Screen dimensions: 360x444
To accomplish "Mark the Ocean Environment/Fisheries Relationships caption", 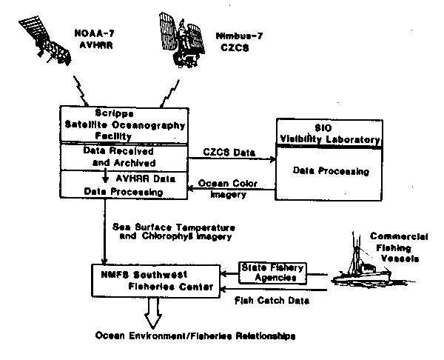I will pyautogui.click(x=195, y=336).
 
